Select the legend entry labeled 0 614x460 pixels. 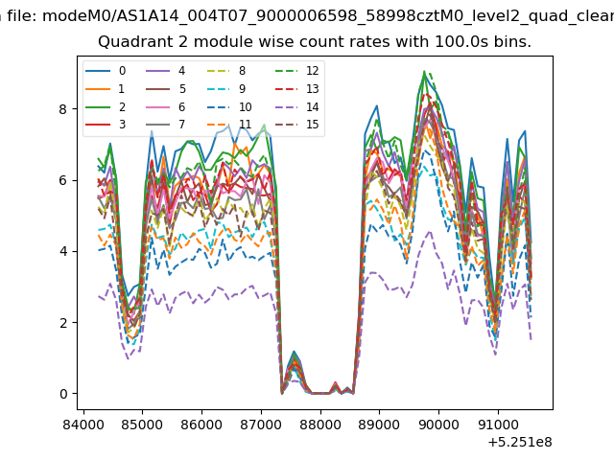[x=106, y=71]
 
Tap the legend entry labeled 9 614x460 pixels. [x=226, y=89]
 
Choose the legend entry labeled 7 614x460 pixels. [x=166, y=125]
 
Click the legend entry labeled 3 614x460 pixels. [x=106, y=125]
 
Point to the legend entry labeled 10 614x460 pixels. [x=229, y=106]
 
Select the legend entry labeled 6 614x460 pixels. [x=166, y=106]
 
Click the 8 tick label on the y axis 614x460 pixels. [x=63, y=109]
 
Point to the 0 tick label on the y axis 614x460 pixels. [x=63, y=394]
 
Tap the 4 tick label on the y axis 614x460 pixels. [x=63, y=251]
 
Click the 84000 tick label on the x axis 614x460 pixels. [x=83, y=425]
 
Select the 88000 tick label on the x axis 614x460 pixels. [x=320, y=425]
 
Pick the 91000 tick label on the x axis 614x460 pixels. [x=498, y=425]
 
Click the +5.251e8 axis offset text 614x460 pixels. [x=520, y=442]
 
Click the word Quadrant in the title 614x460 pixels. [x=128, y=42]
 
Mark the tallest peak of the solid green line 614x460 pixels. [x=424, y=72]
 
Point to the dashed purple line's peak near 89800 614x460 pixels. [x=430, y=232]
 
